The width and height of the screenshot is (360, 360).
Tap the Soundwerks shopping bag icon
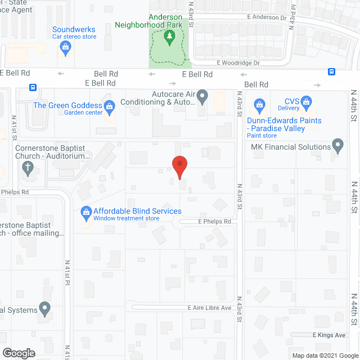(66, 48)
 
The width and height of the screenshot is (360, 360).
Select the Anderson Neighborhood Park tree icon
(169, 38)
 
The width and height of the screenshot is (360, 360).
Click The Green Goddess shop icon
(109, 105)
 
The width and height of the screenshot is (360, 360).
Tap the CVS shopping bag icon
(306, 102)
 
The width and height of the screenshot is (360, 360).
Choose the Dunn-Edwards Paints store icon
(259, 103)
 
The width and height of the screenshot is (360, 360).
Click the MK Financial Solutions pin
(338, 147)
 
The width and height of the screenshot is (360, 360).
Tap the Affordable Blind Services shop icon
(86, 211)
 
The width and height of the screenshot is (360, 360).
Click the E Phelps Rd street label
(214, 222)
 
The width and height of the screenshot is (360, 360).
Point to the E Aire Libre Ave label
(210, 308)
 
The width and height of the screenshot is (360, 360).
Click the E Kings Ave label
(328, 335)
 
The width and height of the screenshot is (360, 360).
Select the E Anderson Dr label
(267, 17)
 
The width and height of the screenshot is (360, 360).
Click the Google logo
(19, 353)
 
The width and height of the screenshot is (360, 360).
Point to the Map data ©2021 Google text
(324, 355)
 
